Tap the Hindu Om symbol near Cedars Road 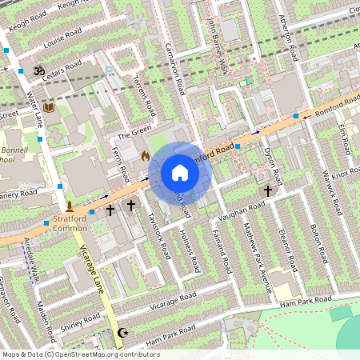[x=37, y=70]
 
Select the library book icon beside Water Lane [x=50, y=107]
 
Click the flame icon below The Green [x=145, y=156]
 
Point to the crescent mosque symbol [x=122, y=332]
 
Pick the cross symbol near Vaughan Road [x=268, y=190]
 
